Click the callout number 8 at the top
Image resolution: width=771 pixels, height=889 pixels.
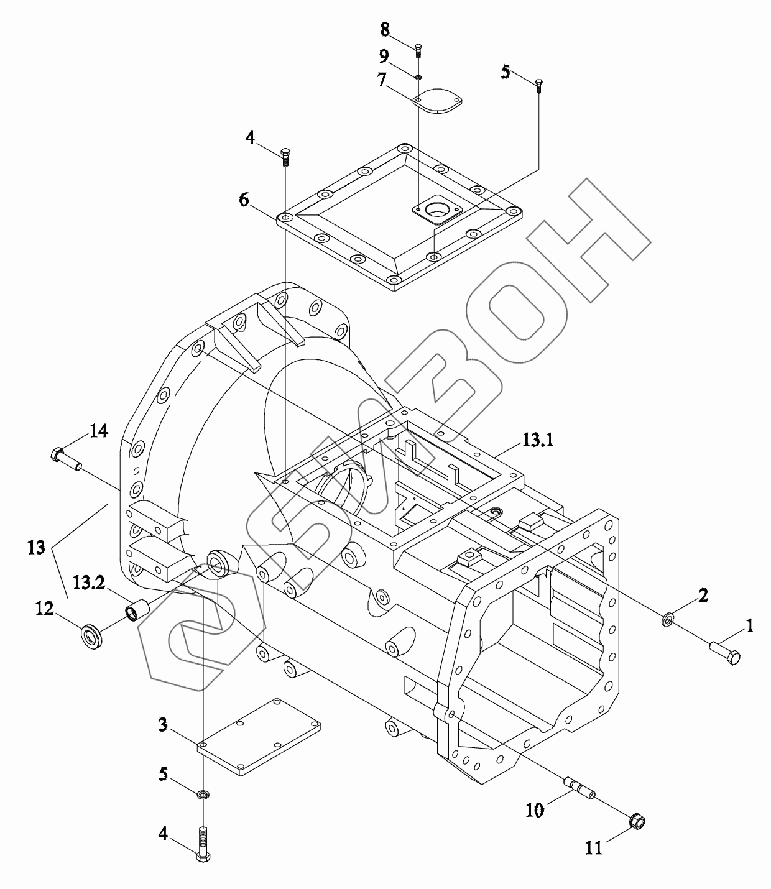385,30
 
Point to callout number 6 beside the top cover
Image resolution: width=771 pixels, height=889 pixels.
244,200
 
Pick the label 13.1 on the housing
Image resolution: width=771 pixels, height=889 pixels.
537,440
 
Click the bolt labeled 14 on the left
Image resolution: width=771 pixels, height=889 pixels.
66,460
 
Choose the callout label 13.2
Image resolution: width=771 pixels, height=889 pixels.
89,583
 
